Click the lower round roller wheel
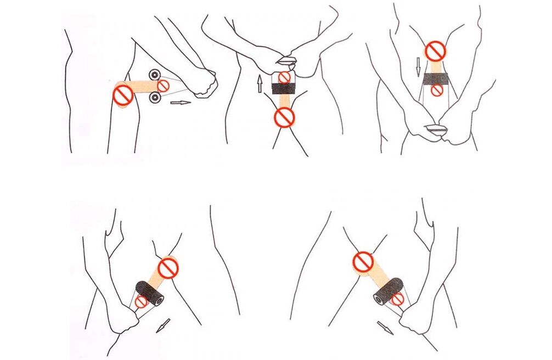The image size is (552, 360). [x=155, y=98]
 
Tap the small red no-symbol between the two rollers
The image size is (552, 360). [x=164, y=86]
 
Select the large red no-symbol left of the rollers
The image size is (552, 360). [x=122, y=95]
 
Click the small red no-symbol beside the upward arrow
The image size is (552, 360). [x=284, y=78]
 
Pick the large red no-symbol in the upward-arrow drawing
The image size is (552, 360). [x=284, y=116]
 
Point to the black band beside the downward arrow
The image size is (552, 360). [x=436, y=77]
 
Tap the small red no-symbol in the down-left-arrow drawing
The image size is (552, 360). [x=141, y=302]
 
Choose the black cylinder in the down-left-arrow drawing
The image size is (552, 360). [x=150, y=291]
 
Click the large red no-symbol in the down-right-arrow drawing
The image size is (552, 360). [x=363, y=262]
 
